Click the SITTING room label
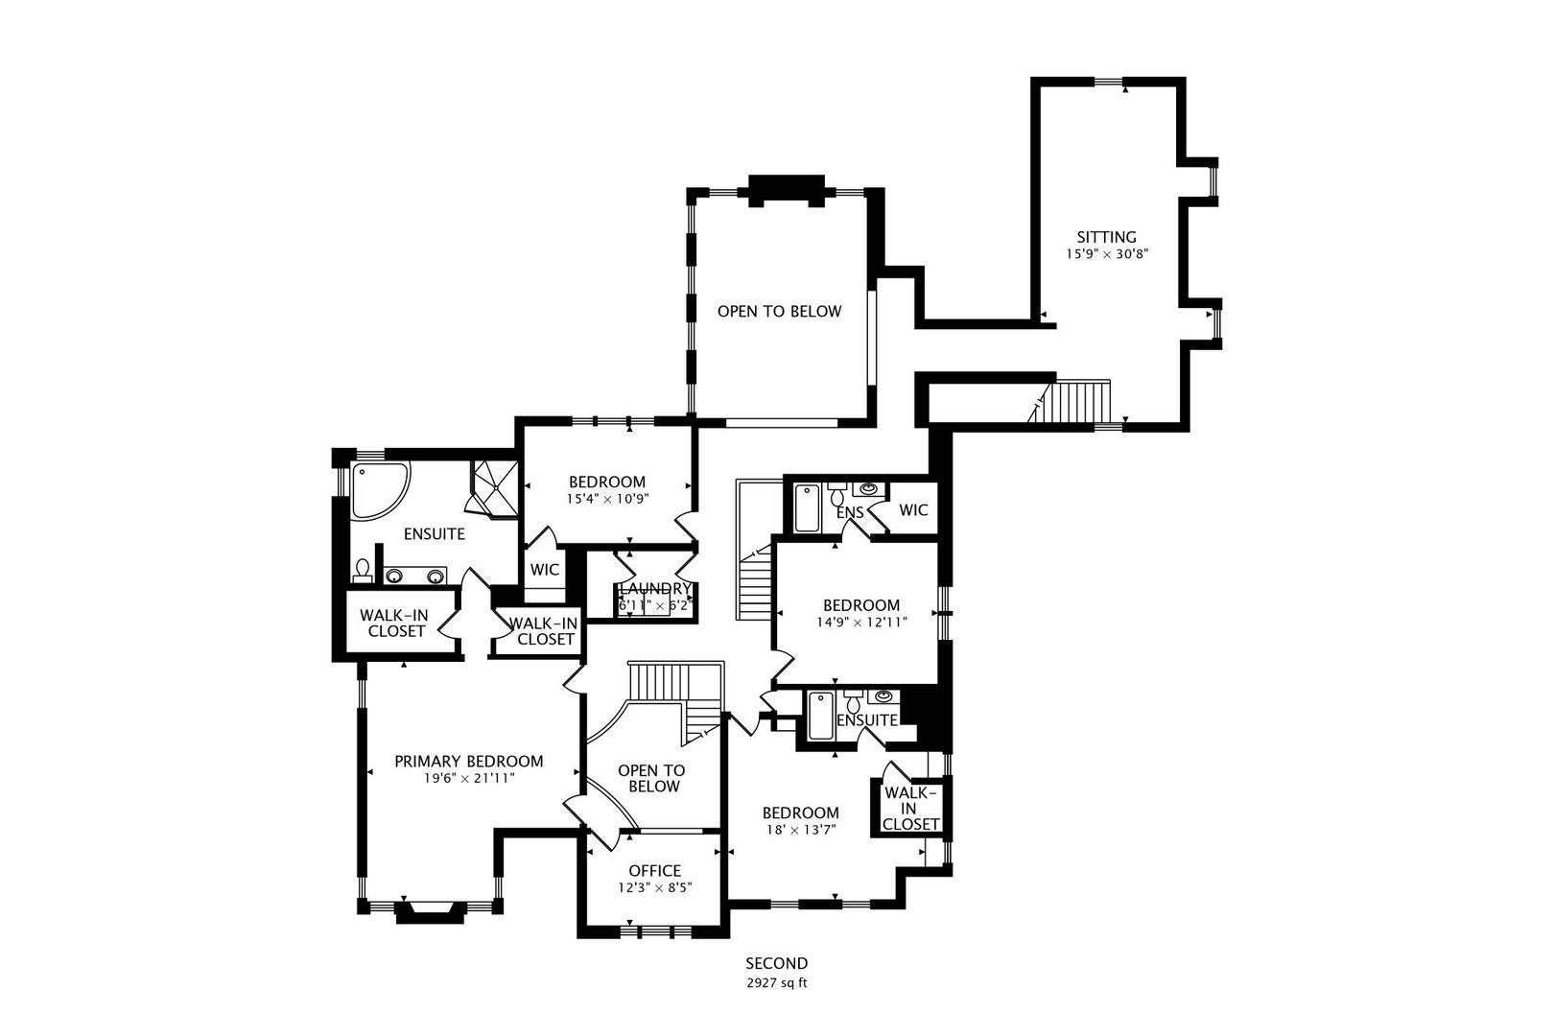pos(1106,237)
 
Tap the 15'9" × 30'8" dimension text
pos(1106,255)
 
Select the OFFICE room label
pos(655,871)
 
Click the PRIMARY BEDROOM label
pos(469,762)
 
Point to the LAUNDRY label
pos(655,588)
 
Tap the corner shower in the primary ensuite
pos(495,488)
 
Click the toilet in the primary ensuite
pos(363,572)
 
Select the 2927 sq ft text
pos(777,983)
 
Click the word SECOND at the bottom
pos(777,963)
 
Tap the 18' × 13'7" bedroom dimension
pos(801,831)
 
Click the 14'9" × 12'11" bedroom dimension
pos(861,623)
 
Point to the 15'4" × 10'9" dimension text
pos(607,499)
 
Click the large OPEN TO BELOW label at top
pos(779,312)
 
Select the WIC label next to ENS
pos(913,510)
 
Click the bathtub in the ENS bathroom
pos(807,508)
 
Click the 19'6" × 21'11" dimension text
pos(469,779)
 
